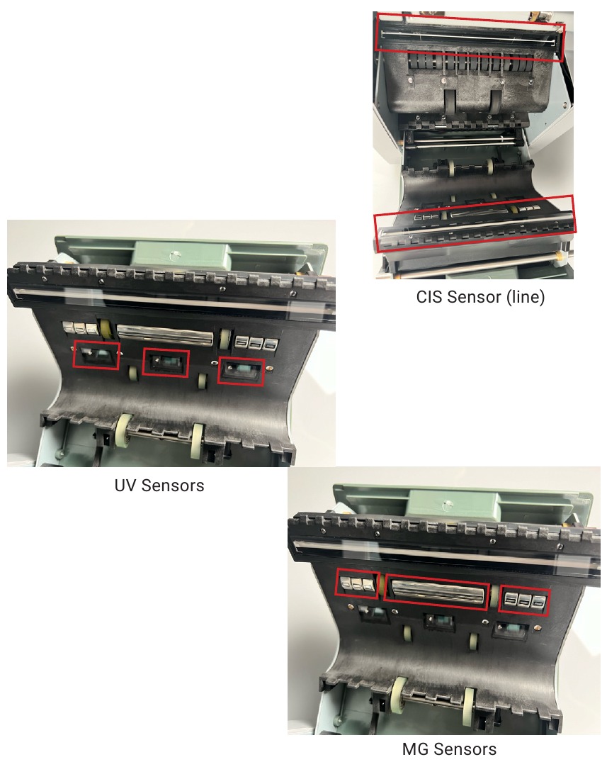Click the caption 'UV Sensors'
pyautogui.click(x=159, y=486)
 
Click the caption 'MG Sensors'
pyautogui.click(x=450, y=749)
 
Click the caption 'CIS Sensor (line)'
pyautogui.click(x=480, y=296)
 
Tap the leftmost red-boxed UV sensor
pyautogui.click(x=96, y=355)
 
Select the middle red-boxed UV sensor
pyautogui.click(x=166, y=362)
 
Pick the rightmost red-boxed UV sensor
pyautogui.click(x=241, y=371)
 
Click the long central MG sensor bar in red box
pyautogui.click(x=436, y=594)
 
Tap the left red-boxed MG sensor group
pyautogui.click(x=357, y=583)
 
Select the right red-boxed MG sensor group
pyautogui.click(x=524, y=602)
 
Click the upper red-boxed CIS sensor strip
pyautogui.click(x=470, y=38)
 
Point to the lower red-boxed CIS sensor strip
pyautogui.click(x=475, y=223)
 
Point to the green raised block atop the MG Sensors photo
pyautogui.click(x=449, y=505)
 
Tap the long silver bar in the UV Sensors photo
pyautogui.click(x=164, y=335)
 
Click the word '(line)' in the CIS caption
pyautogui.click(x=526, y=296)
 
